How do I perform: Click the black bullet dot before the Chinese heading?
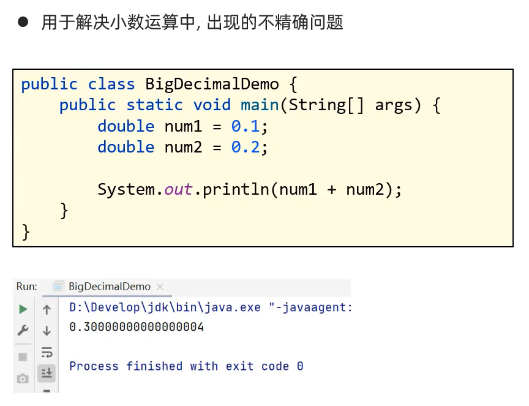pos(23,23)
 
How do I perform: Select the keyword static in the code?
pos(155,105)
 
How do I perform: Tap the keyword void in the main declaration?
pos(212,105)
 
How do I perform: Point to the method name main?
pos(260,105)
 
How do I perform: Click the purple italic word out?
pos(178,189)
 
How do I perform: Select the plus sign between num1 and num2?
pos(332,189)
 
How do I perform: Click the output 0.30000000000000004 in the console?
pos(137,327)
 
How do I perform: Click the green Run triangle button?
pos(23,309)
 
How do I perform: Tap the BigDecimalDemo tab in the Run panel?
pos(109,287)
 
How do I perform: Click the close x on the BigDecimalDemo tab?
pos(160,287)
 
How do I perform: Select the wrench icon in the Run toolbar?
pos(23,331)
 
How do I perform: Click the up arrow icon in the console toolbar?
pos(47,310)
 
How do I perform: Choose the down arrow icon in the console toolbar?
pos(47,331)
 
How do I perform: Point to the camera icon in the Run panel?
pos(23,378)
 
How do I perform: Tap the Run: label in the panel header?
pos(26,287)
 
